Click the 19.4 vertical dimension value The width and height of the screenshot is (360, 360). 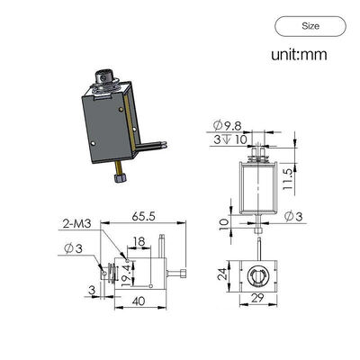point(126,266)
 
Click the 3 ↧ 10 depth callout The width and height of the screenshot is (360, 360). point(229,139)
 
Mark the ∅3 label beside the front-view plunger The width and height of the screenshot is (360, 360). point(297,219)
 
